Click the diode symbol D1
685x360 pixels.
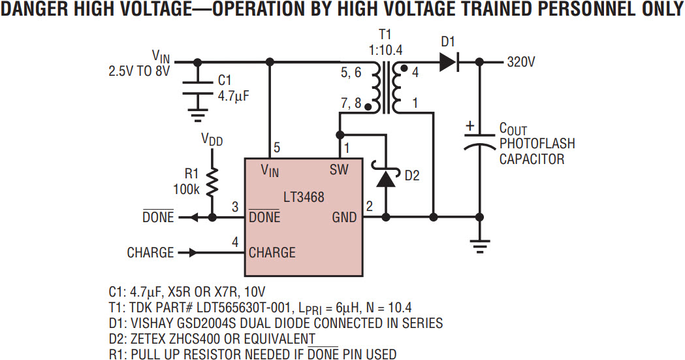click(x=447, y=62)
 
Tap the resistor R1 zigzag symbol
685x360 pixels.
click(x=212, y=183)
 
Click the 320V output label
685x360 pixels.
click(x=521, y=62)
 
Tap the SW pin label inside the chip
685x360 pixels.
click(x=339, y=170)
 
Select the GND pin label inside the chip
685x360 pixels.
click(x=344, y=217)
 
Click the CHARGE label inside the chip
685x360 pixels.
click(x=272, y=252)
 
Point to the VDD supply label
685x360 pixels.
click(x=212, y=139)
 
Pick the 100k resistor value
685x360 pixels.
click(x=187, y=190)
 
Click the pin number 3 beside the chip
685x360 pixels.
click(x=235, y=207)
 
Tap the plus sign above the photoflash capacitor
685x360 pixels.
click(x=470, y=124)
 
